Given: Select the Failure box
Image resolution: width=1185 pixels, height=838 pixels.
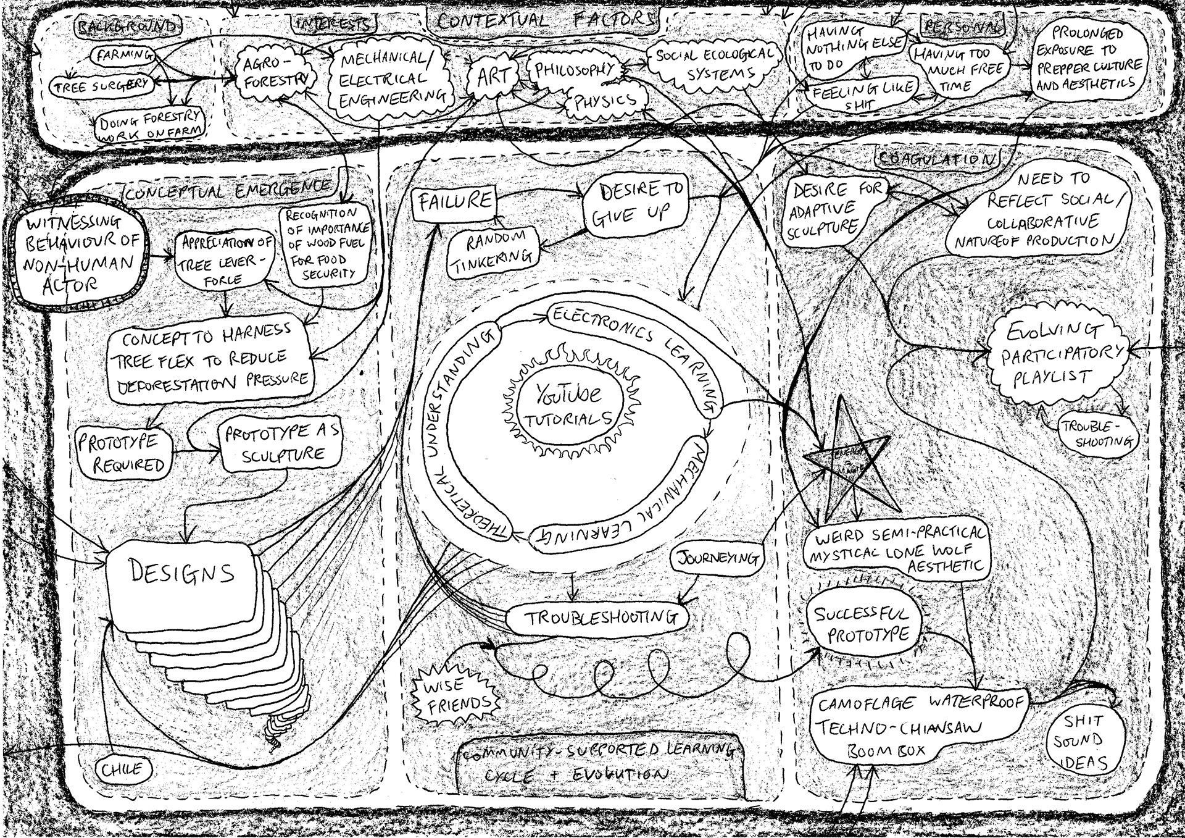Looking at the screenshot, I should click(x=455, y=201).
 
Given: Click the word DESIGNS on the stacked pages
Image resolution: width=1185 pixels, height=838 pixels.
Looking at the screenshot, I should click(x=182, y=572).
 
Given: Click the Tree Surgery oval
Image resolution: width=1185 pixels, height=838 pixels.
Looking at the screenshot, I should click(x=101, y=86).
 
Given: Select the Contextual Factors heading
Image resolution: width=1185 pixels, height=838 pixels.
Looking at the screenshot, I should click(x=545, y=20).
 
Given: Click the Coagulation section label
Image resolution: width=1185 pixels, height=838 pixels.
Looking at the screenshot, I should click(x=936, y=159).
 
